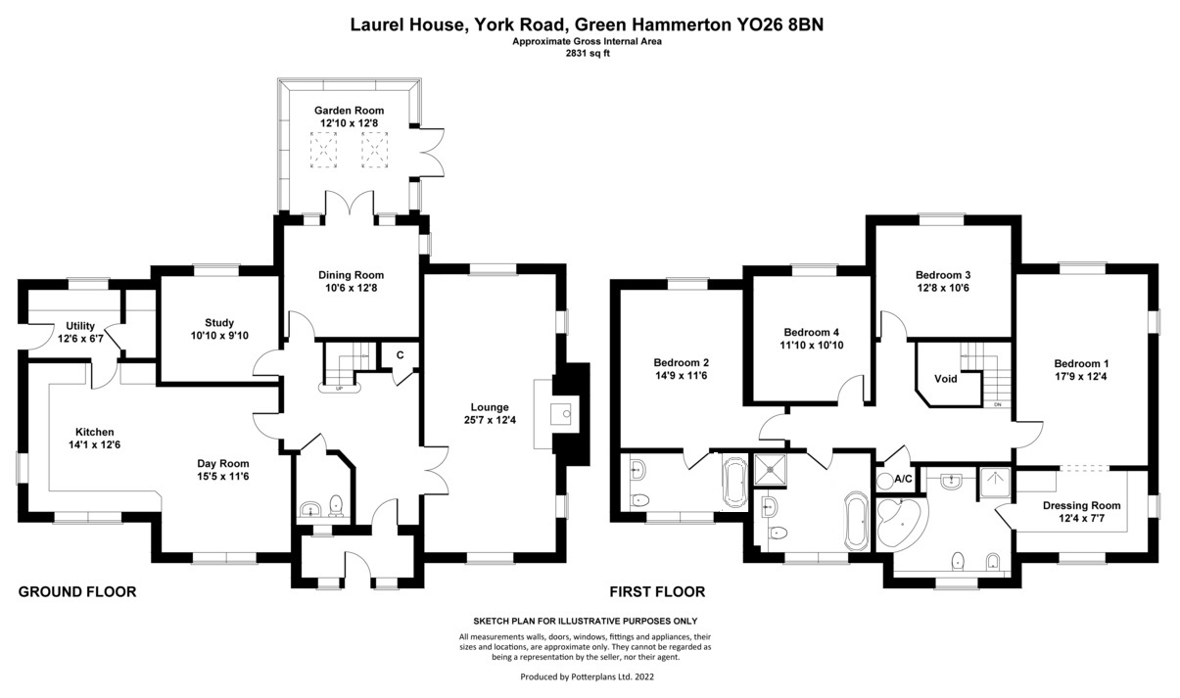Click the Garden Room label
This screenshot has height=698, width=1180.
tap(349, 111)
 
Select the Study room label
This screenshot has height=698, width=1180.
tap(219, 322)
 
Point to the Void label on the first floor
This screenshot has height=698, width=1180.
tap(945, 378)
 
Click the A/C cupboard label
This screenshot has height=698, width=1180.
tap(903, 479)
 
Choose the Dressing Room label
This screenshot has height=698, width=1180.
tap(1081, 505)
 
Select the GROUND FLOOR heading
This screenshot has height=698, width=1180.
tap(77, 591)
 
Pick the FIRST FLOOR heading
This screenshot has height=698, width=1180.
tap(657, 591)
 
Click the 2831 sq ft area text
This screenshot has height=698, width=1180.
tap(588, 55)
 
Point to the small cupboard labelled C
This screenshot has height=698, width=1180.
tap(401, 355)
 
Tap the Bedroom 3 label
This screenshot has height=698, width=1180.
tap(943, 275)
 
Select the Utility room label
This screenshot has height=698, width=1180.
tap(80, 325)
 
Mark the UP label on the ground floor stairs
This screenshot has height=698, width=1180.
tap(339, 388)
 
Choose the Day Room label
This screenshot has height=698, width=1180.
tap(221, 464)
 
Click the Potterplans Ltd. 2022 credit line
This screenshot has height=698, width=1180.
tap(587, 676)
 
